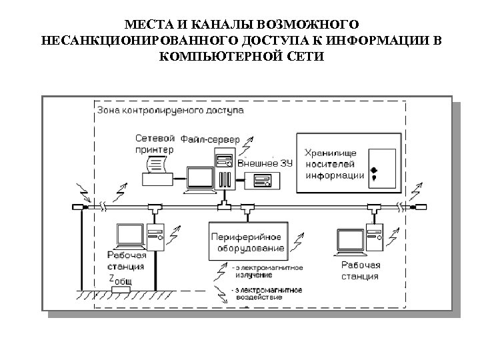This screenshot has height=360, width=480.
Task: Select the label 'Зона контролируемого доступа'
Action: [170, 109]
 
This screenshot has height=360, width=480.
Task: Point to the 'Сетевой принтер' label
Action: [155, 143]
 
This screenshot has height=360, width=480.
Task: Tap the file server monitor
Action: [199, 179]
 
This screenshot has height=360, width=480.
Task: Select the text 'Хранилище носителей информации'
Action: [334, 164]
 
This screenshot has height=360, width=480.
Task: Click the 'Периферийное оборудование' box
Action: [248, 241]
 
